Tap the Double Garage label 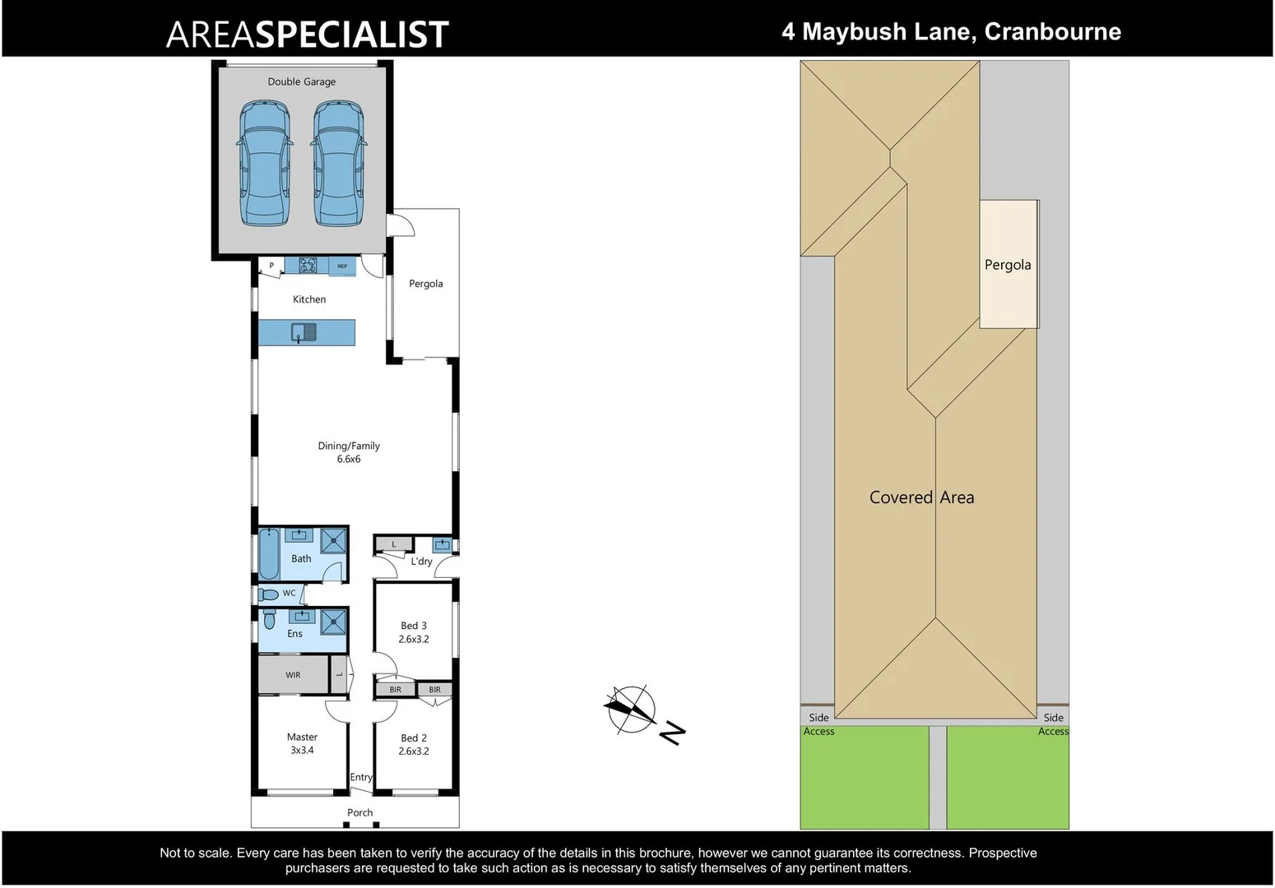(301, 81)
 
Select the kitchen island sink (304, 332)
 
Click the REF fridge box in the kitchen (342, 266)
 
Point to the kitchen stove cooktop (308, 265)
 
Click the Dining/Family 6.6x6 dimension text (349, 459)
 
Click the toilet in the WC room (268, 594)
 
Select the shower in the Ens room (333, 621)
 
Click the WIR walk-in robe (293, 675)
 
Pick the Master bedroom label (302, 738)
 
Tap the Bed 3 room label (414, 626)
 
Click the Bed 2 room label (414, 738)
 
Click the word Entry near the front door (361, 777)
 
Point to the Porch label (359, 812)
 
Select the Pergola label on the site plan (1008, 265)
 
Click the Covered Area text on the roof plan (921, 497)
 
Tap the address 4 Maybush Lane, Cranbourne (951, 31)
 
